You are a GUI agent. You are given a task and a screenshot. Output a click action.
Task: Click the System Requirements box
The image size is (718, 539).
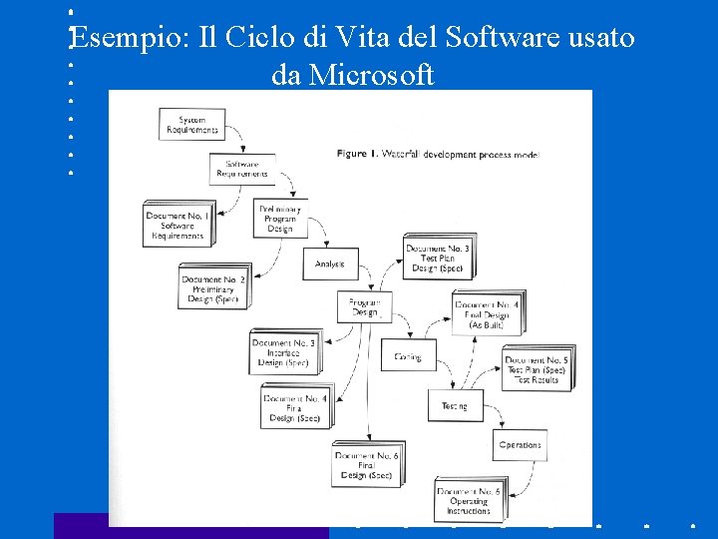191,124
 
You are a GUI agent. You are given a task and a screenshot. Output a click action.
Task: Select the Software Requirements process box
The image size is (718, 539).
242,169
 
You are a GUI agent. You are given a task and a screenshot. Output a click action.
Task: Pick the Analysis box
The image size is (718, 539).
329,264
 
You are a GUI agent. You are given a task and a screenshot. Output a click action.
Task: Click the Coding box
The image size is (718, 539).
408,356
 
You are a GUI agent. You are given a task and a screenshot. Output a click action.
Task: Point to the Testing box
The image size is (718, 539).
455,405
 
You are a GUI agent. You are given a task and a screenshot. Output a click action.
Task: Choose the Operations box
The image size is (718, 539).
520,445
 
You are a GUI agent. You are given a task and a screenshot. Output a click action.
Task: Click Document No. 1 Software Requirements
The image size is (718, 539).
178,226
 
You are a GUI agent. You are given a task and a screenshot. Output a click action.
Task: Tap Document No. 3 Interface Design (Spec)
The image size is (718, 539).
284,352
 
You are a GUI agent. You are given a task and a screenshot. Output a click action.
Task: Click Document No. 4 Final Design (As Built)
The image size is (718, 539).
487,314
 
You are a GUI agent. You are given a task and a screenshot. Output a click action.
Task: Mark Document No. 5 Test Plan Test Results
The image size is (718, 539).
537,369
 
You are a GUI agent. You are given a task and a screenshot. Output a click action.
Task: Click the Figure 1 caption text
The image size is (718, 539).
437,155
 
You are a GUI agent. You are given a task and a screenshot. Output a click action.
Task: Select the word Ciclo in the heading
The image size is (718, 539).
258,38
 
